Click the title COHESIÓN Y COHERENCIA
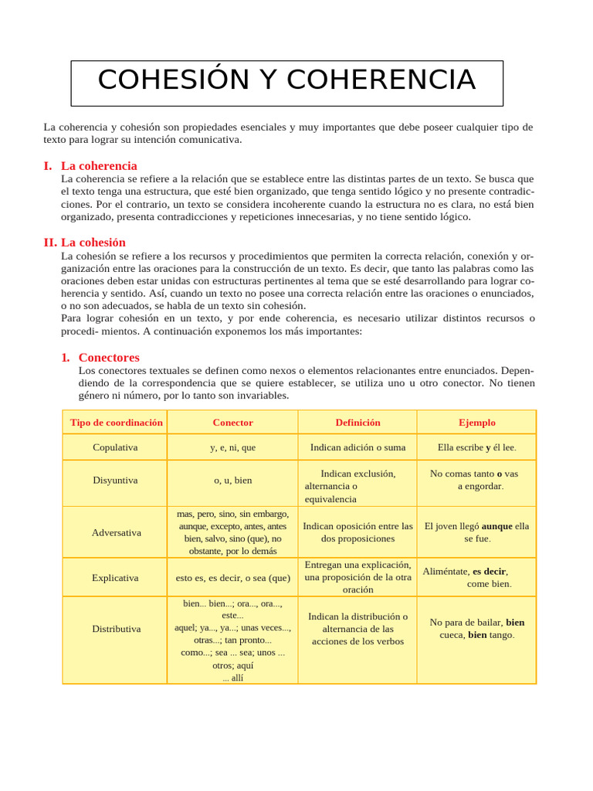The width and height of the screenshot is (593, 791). (x=286, y=80)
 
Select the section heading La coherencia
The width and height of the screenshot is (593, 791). (x=99, y=165)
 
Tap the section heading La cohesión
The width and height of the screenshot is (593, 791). (x=93, y=242)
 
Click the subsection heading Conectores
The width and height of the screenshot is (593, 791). (x=109, y=357)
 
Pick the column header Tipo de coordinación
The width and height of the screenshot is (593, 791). (x=116, y=423)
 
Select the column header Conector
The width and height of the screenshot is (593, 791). (x=232, y=423)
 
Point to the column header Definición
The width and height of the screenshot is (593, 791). (x=357, y=423)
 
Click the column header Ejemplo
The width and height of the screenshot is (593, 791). (x=476, y=423)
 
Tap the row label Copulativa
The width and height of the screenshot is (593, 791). (x=115, y=447)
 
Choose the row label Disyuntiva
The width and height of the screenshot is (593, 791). (x=115, y=480)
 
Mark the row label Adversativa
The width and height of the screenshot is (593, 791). (x=116, y=532)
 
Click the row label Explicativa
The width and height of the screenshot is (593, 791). (x=115, y=577)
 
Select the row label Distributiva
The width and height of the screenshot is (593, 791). (x=116, y=629)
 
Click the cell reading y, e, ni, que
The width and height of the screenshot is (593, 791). (x=232, y=447)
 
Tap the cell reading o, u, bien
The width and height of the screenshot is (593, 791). (x=232, y=480)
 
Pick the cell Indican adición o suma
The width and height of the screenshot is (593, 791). (x=357, y=447)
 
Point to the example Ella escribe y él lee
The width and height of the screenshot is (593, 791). (x=476, y=447)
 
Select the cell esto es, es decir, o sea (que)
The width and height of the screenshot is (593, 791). (x=232, y=577)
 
